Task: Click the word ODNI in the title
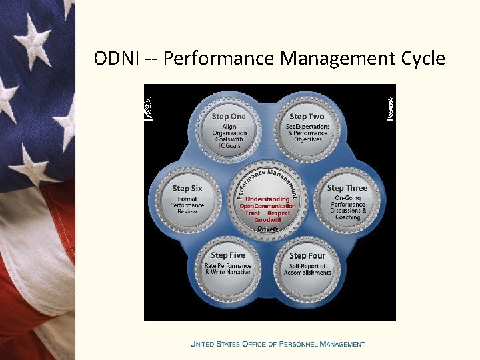pos(117,59)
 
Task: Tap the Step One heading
pos(229,117)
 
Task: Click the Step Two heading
pos(307,117)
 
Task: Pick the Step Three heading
pos(347,188)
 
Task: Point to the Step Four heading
pos(307,255)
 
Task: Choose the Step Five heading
pos(228,255)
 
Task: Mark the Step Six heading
pos(187,188)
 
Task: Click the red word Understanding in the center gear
pos(267,199)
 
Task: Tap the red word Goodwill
pos(267,219)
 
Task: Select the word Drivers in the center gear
pos(268,229)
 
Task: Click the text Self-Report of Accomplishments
pos(307,269)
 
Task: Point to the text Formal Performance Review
pos(187,205)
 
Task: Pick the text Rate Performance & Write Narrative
pos(228,269)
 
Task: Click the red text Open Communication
pos(267,206)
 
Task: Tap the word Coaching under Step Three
pos(348,217)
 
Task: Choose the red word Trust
pos(253,213)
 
